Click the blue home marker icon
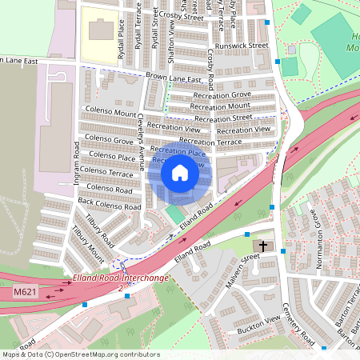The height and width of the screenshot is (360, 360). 180,173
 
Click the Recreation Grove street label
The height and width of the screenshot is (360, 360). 221,95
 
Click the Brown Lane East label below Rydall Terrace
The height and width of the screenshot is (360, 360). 173,79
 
